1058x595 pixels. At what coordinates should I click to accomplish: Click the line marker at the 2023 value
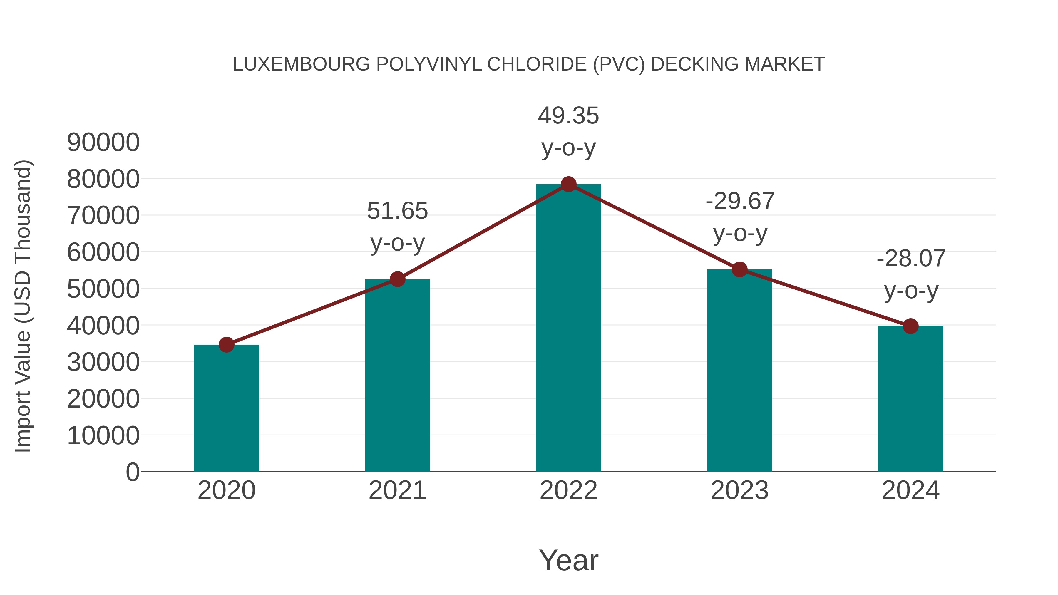click(740, 269)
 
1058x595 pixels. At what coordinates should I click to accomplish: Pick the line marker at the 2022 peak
click(568, 184)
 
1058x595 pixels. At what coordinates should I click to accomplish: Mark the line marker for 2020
click(226, 345)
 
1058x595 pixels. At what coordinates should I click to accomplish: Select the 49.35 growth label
click(568, 116)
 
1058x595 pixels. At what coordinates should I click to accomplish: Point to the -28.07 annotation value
click(910, 259)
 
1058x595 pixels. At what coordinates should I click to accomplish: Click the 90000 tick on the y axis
click(103, 143)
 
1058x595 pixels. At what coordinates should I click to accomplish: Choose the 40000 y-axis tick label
click(103, 326)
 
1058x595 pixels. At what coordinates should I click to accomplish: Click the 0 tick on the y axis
click(133, 472)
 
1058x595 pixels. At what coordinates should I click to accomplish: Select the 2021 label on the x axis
click(397, 490)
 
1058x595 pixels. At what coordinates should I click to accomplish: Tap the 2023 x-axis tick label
click(739, 490)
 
